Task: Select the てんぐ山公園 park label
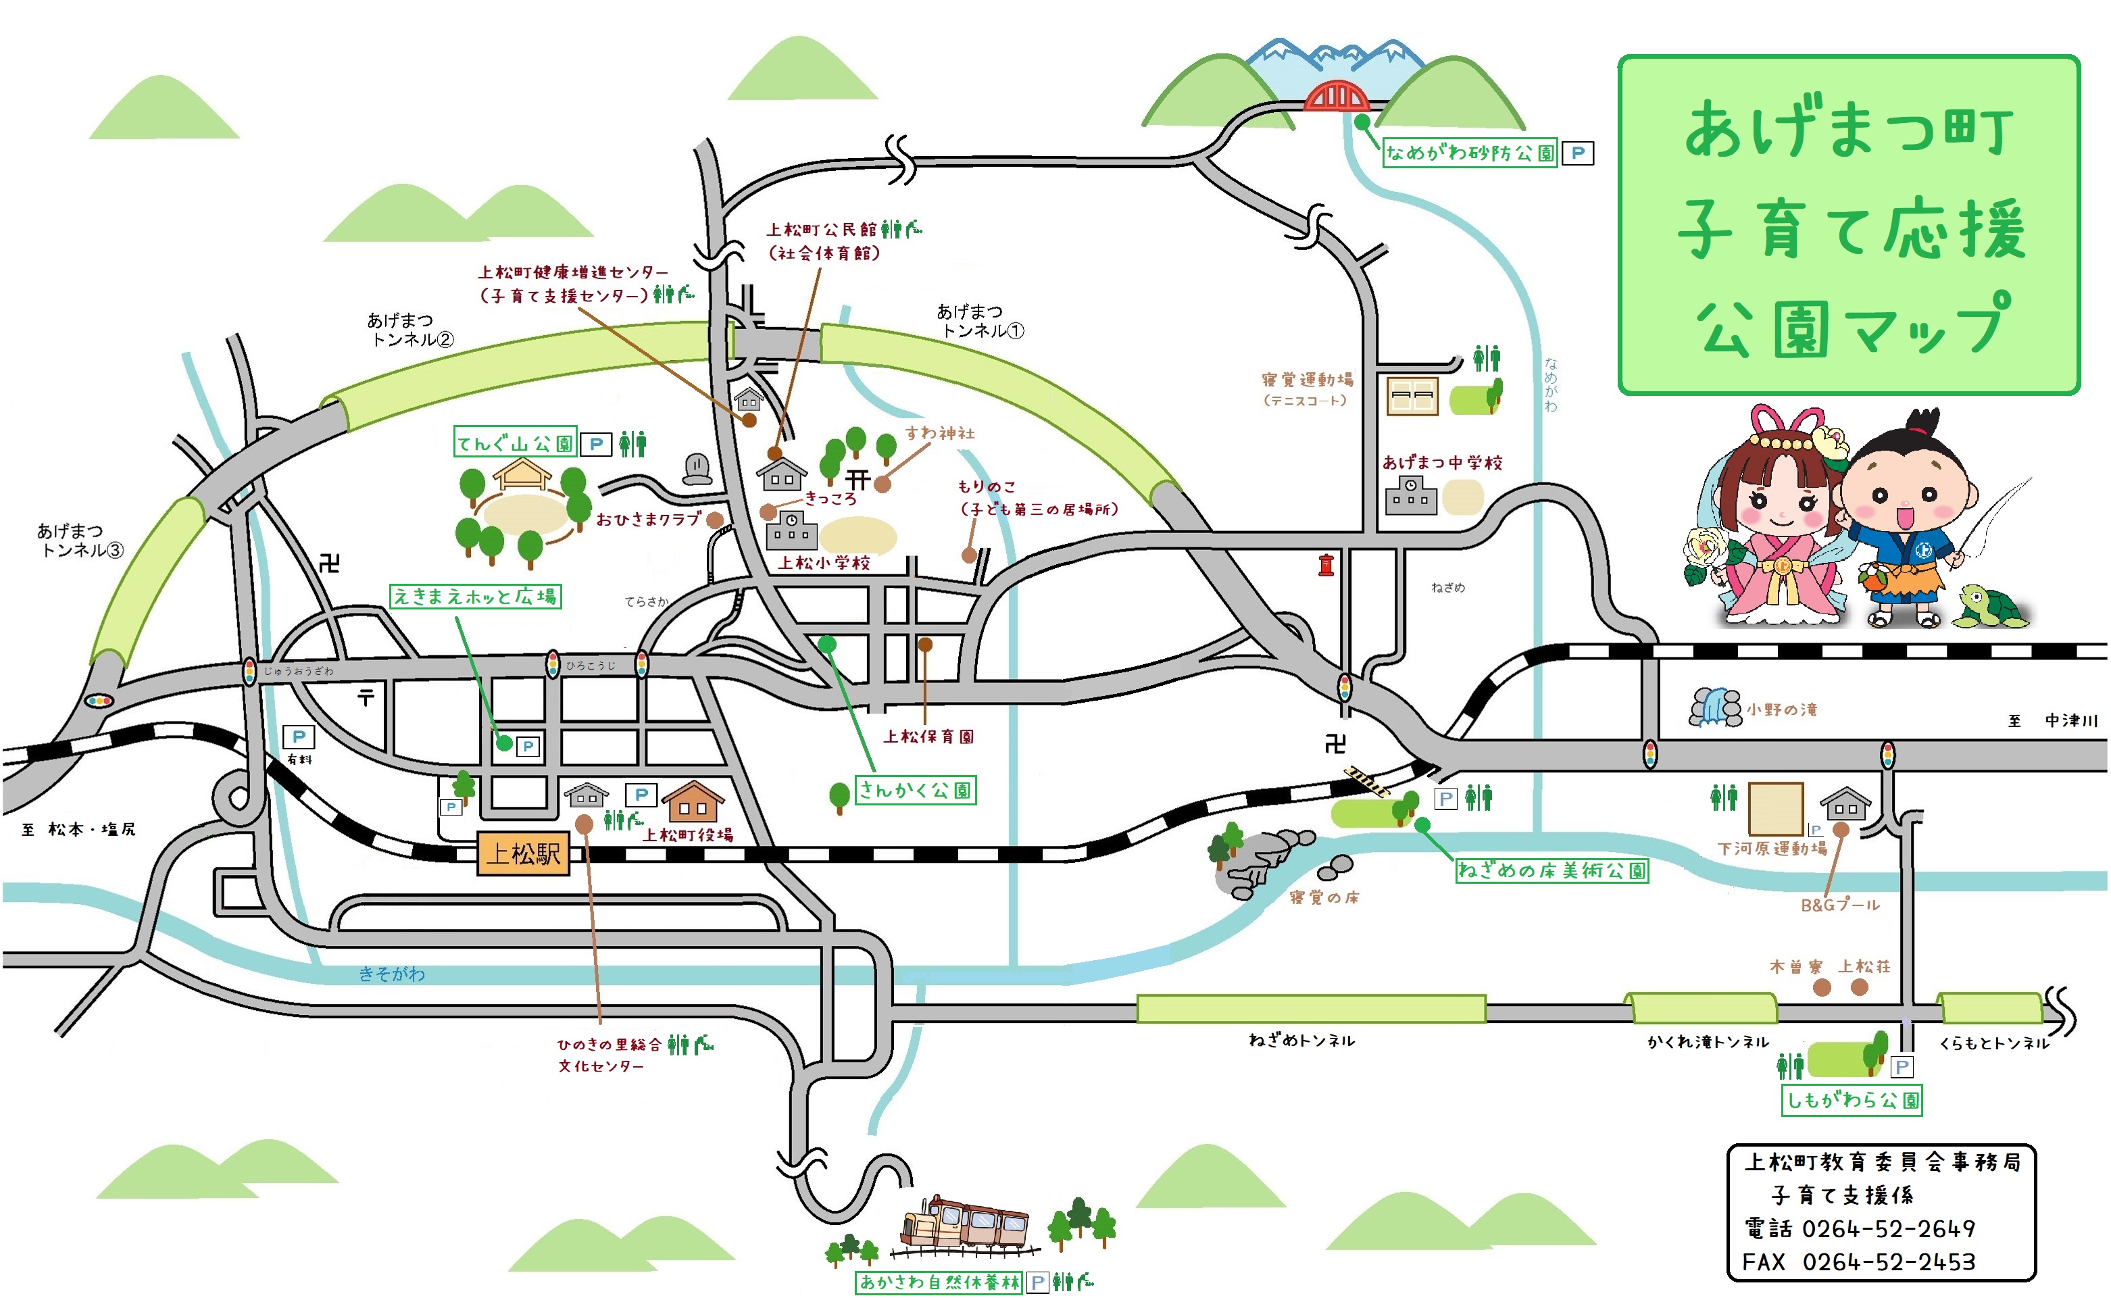coord(514,442)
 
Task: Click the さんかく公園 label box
coord(915,789)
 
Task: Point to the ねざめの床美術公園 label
coord(1551,870)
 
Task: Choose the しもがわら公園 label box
coord(1852,1100)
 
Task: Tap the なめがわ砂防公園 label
coord(1470,153)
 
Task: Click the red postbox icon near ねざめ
coord(1326,564)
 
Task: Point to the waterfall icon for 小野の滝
coord(1714,707)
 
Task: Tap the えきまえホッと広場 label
coord(476,596)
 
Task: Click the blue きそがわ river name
coord(391,973)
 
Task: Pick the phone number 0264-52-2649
coord(1888,1228)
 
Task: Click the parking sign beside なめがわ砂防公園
coord(1577,153)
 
